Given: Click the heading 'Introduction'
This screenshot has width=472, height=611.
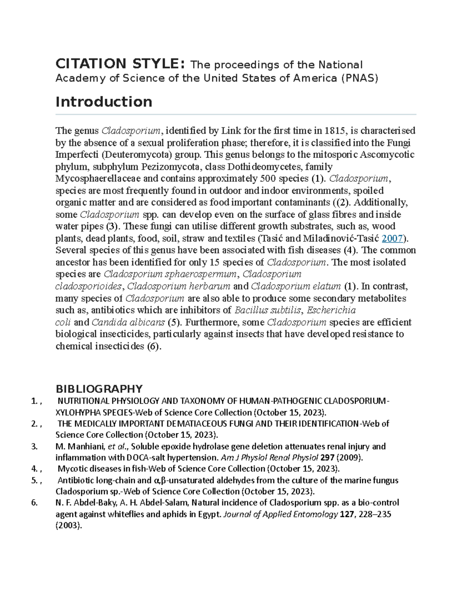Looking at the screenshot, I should pos(104,102).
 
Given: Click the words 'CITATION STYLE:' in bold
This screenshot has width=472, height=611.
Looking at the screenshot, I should pos(120,64).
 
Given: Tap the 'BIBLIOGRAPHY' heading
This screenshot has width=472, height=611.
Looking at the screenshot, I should pos(99,389).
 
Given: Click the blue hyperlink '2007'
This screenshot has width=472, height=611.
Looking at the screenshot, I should pos(392,238).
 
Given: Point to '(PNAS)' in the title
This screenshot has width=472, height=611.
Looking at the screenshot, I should pos(360,78).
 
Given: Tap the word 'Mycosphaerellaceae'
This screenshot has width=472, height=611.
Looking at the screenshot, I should pos(98,179).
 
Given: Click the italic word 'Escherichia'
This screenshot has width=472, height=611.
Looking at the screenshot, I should pos(331,310).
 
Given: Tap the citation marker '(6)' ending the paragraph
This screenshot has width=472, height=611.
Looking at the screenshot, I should pos(153,346).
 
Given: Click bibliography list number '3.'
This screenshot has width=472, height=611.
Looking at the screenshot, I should pos(35,446).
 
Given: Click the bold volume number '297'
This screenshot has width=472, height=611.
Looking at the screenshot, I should pos(328,458).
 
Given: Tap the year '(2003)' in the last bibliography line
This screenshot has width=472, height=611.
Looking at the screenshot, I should pos(69,526).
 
